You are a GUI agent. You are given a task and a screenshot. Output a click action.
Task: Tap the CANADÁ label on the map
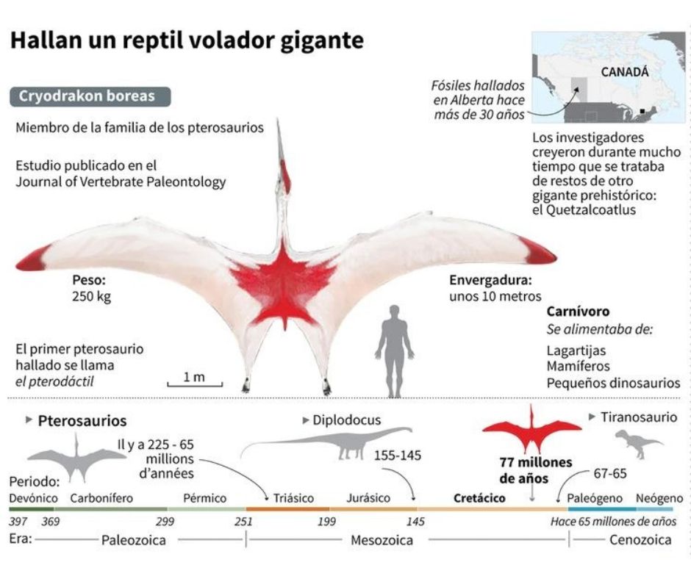(624, 72)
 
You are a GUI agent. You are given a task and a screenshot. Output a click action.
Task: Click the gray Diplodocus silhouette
(338, 443)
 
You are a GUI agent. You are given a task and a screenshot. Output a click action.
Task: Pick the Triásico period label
(293, 498)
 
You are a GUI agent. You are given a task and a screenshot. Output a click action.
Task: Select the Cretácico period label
(479, 498)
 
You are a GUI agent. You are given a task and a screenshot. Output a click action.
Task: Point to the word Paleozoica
(133, 540)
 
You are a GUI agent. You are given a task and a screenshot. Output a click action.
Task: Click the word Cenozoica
(640, 540)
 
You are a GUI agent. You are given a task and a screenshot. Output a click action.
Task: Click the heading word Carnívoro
(578, 312)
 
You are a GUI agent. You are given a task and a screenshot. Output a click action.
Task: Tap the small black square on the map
(643, 110)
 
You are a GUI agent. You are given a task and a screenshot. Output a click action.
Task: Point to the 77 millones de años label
(525, 470)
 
